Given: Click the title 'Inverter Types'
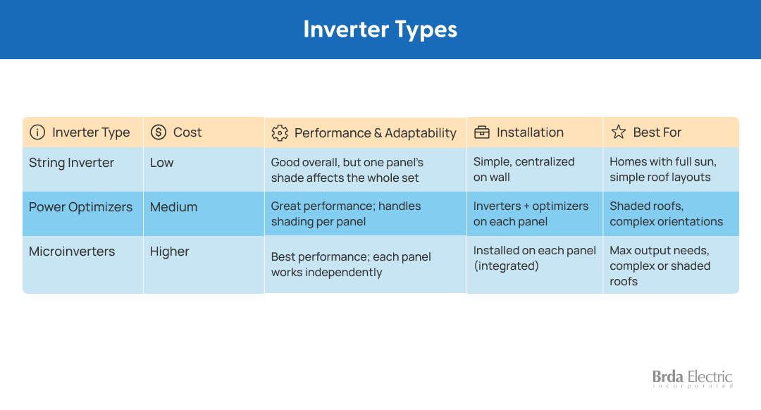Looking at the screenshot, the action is tap(380, 29).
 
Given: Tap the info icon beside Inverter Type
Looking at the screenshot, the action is tap(37, 132).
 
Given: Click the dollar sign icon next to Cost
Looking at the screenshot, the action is tap(159, 132).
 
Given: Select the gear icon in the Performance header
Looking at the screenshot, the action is tap(280, 133).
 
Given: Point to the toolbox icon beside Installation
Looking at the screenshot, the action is tap(482, 132).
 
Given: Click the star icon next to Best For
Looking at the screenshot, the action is tap(619, 132).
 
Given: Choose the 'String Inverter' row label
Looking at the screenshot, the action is tap(71, 163).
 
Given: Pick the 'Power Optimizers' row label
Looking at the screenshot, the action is tap(80, 207).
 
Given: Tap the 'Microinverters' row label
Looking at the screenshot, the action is tap(72, 251).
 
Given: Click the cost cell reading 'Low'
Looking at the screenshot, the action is tap(161, 163).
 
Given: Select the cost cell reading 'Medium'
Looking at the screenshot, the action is tap(174, 207).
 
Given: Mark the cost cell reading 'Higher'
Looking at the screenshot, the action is tap(169, 251).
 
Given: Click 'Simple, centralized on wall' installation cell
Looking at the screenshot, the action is tap(524, 169).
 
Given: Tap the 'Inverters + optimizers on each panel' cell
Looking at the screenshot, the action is tap(531, 213).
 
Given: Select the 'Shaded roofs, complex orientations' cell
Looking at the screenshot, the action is tap(667, 213).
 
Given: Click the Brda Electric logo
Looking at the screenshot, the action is tap(692, 378).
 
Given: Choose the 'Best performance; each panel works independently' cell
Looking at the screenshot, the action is tap(351, 264).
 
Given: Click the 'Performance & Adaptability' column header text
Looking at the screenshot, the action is tap(375, 133).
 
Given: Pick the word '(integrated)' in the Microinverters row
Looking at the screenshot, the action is tap(506, 266).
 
